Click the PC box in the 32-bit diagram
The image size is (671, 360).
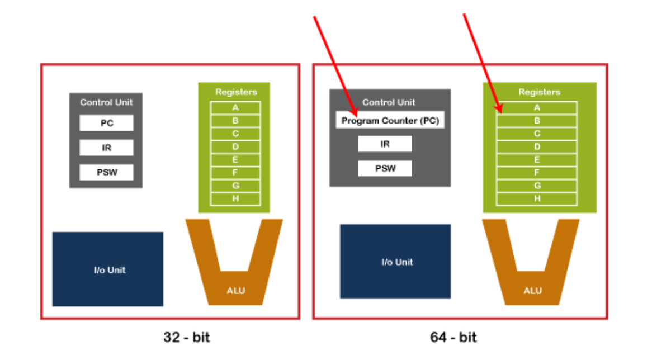pos(106,123)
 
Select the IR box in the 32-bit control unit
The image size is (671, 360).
pos(106,148)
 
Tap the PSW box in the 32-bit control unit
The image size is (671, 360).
pos(106,172)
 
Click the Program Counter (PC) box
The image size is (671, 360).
pos(390,121)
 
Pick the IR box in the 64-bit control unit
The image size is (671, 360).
pos(385,144)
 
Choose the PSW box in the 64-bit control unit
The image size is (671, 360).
pos(385,168)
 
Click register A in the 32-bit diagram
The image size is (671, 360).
pos(235,107)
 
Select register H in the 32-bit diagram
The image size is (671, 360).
pos(235,198)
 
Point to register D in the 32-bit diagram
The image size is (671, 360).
pos(235,146)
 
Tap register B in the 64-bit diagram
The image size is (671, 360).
pos(537,121)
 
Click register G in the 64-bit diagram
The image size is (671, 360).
pos(537,186)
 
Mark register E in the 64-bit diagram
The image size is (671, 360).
pos(537,160)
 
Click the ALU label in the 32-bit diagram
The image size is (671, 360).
pos(235,291)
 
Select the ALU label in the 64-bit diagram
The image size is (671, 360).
pos(532,291)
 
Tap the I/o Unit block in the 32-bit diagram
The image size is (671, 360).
pos(108,269)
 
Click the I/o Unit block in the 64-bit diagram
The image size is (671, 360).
pos(395,261)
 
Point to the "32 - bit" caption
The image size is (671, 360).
pos(187,337)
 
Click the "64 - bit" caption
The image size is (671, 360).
pos(453,337)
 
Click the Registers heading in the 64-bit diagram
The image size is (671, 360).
pos(539,92)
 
